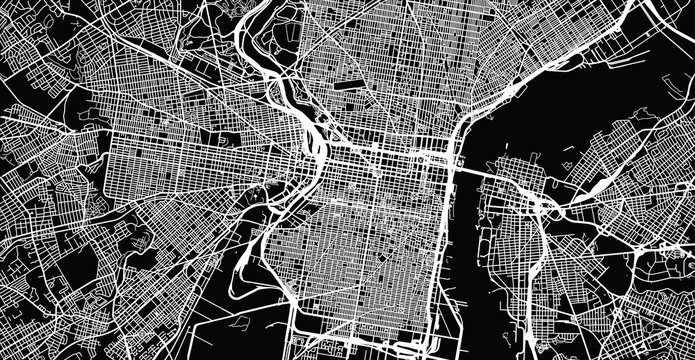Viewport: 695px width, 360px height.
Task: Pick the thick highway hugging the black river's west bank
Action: pos(440,230)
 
